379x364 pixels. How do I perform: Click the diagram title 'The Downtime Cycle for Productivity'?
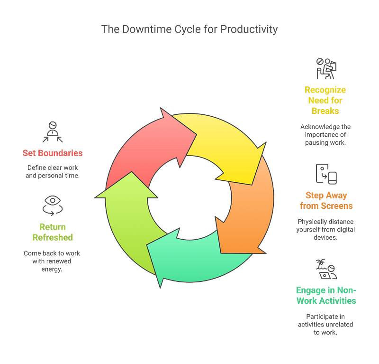pyautogui.click(x=189, y=29)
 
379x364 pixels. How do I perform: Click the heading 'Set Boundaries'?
pyautogui.click(x=53, y=153)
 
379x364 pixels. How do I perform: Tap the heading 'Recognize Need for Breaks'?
pyautogui.click(x=325, y=100)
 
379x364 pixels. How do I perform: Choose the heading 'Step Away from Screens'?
pyautogui.click(x=326, y=201)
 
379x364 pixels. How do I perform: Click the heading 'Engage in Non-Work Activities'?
pyautogui.click(x=326, y=295)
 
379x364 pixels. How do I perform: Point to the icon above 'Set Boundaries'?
pyautogui.click(x=52, y=132)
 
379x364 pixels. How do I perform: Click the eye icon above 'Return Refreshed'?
pyautogui.click(x=50, y=205)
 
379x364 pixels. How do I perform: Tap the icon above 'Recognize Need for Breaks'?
pyautogui.click(x=326, y=69)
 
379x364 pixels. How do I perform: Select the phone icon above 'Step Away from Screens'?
pyautogui.click(x=326, y=174)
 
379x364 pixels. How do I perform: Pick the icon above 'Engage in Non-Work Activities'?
pyautogui.click(x=326, y=270)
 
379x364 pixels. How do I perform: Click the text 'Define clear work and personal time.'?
pyautogui.click(x=52, y=172)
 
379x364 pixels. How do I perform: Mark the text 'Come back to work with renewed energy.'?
pyautogui.click(x=51, y=261)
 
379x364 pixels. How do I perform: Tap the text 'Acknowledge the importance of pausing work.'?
pyautogui.click(x=325, y=135)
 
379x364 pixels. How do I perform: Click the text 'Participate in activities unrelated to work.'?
pyautogui.click(x=326, y=325)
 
